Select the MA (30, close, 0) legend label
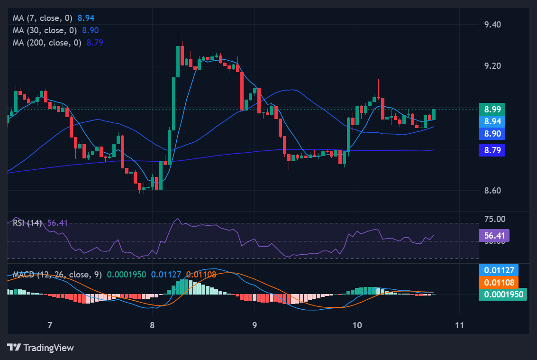click(46, 30)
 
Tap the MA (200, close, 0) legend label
click(47, 43)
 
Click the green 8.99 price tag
click(491, 109)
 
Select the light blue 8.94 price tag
click(491, 121)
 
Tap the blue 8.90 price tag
click(491, 134)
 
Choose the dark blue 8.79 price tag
click(491, 150)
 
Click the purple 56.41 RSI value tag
click(494, 235)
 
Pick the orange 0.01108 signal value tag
click(499, 283)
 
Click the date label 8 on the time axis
click(152, 325)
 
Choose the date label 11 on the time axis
click(459, 325)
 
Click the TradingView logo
click(41, 348)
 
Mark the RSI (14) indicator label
click(27, 223)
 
